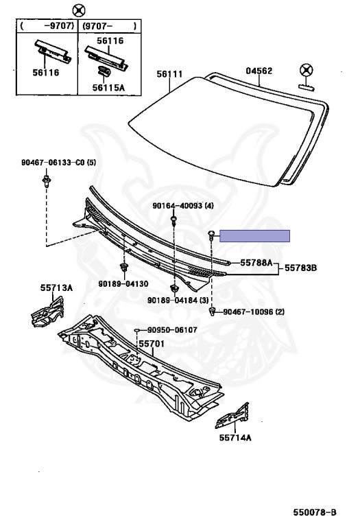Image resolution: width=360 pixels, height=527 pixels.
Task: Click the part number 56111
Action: click(x=169, y=74)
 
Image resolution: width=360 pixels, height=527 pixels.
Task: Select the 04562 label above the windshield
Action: click(x=259, y=71)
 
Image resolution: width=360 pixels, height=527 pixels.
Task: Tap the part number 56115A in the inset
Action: click(x=108, y=88)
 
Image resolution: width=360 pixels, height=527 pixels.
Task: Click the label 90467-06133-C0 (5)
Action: click(x=58, y=163)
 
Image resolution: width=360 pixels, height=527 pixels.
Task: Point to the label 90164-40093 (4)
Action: click(x=183, y=206)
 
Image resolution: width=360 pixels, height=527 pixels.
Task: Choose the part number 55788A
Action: click(x=256, y=263)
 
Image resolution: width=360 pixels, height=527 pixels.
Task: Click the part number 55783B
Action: click(x=300, y=268)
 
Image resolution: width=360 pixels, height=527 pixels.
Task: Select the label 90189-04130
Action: click(x=123, y=283)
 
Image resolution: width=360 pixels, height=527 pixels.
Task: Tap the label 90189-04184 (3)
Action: click(x=178, y=300)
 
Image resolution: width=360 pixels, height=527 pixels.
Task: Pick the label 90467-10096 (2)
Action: click(x=254, y=312)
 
